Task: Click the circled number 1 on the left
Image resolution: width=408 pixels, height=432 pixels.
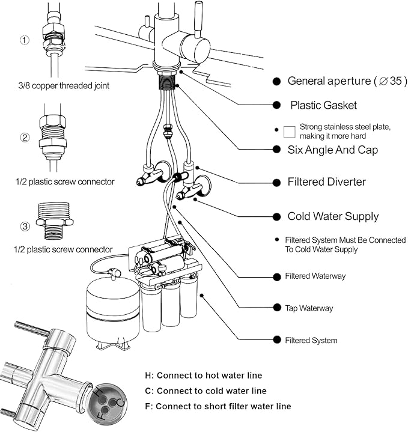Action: (x=24, y=41)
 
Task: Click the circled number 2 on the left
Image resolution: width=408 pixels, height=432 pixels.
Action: (x=25, y=137)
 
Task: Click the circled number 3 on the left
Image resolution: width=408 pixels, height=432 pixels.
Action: (x=25, y=227)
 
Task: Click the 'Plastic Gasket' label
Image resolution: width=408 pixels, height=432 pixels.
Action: (x=323, y=105)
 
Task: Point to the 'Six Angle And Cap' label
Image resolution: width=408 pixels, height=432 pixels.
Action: (x=333, y=150)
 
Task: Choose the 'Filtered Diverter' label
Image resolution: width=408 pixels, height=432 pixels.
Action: (x=326, y=181)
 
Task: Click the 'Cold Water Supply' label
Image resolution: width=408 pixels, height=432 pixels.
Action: (x=333, y=216)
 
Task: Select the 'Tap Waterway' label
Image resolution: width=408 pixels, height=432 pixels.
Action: (x=309, y=308)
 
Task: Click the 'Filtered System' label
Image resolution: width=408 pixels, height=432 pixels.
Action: (x=311, y=341)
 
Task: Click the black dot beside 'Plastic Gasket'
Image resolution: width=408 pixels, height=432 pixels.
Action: (x=276, y=105)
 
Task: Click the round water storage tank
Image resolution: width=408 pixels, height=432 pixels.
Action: (x=109, y=312)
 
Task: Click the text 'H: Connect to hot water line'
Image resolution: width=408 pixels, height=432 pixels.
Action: (x=203, y=376)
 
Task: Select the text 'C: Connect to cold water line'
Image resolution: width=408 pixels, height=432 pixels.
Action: (x=206, y=391)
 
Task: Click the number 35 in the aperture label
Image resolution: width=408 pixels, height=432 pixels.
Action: (x=395, y=81)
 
